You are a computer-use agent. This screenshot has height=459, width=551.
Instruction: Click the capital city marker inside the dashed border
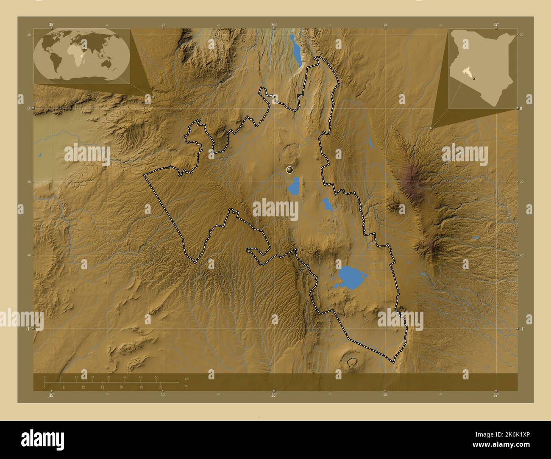point(290,170)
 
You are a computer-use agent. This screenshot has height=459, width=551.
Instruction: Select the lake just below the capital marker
point(293,186)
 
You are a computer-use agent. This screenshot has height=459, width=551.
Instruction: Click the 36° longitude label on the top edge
point(274,25)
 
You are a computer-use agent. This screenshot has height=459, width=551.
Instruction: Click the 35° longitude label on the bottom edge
point(51,395)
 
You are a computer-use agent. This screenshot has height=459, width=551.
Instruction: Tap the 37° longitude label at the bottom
point(496,395)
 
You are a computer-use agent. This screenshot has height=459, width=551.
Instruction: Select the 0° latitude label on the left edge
point(28,108)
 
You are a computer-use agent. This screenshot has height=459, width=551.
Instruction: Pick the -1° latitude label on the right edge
point(523,329)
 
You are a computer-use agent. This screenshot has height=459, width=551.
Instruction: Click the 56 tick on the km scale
point(156,377)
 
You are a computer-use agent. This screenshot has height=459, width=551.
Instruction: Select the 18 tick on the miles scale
point(103,387)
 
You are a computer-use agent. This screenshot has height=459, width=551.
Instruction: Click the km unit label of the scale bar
point(187,378)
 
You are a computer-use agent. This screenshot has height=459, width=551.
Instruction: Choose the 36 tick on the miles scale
point(161,387)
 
